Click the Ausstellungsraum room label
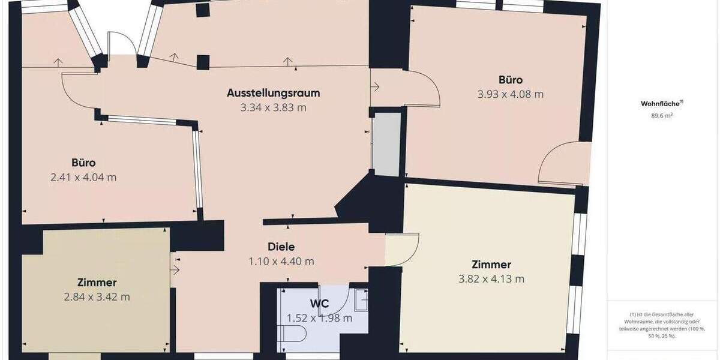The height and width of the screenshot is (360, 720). [x=273, y=93]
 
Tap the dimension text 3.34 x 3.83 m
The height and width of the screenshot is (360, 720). [x=273, y=108]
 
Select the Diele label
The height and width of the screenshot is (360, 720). [x=281, y=246]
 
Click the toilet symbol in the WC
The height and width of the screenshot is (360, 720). [x=294, y=334]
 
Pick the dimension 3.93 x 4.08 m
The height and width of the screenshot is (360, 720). [x=510, y=94]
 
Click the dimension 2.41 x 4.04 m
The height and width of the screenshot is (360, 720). [x=83, y=178]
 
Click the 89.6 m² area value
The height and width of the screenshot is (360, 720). [x=661, y=116]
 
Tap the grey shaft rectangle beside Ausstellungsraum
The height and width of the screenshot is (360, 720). [x=386, y=144]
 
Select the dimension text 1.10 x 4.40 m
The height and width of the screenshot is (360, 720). [x=281, y=262]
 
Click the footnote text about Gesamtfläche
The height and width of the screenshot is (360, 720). [x=661, y=325]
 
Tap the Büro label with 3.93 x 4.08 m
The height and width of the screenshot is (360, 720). [x=510, y=80]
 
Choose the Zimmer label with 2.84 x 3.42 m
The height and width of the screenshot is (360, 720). [x=97, y=282]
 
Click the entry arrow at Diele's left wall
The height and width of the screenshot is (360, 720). [x=175, y=270]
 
